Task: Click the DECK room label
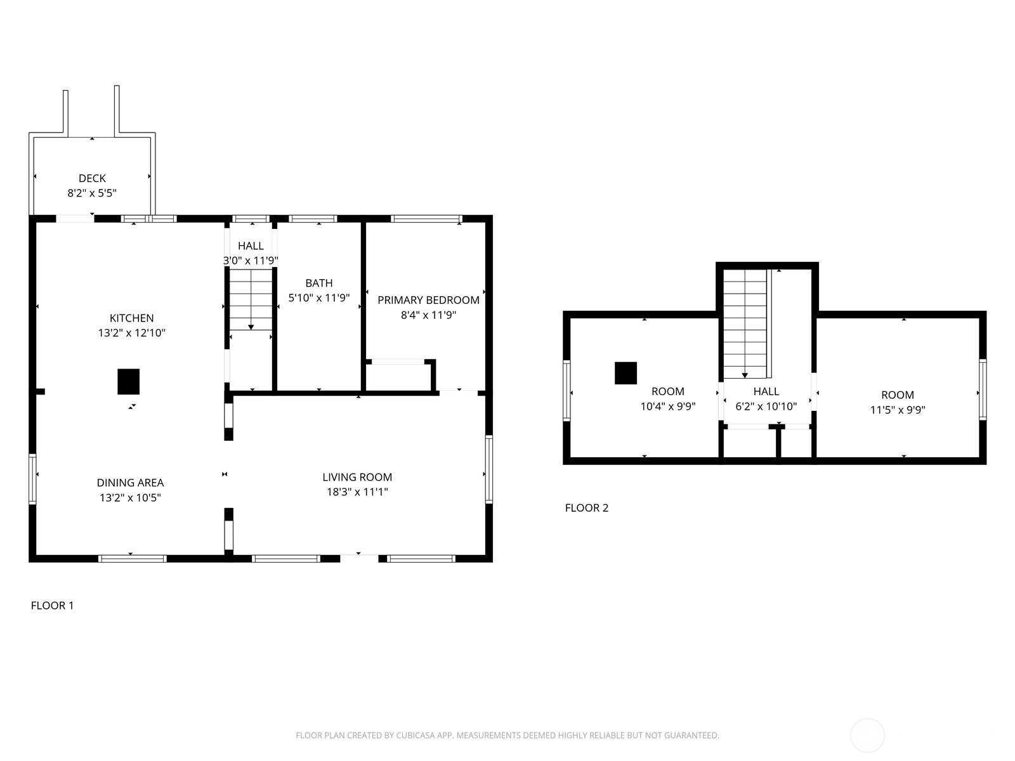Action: point(92,179)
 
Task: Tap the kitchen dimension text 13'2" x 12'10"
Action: point(131,333)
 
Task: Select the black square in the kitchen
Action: point(128,382)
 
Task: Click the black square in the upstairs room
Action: point(625,373)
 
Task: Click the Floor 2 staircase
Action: point(745,323)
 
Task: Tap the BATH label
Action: point(318,283)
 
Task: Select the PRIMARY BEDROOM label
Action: point(428,300)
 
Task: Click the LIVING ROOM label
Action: point(357,478)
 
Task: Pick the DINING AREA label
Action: point(130,483)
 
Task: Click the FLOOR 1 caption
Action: point(52,606)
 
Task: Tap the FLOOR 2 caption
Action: point(586,508)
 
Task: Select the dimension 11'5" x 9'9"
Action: point(897,410)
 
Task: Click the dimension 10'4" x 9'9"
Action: point(667,407)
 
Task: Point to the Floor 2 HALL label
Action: point(766,392)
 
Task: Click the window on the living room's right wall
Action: point(488,469)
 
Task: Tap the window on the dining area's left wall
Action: point(33,478)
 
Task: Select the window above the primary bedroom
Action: point(426,219)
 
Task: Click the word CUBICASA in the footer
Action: point(416,736)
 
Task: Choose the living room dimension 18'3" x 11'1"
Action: point(357,492)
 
